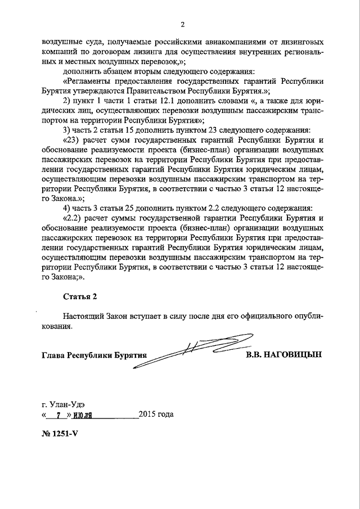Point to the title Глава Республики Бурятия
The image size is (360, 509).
pos(94,356)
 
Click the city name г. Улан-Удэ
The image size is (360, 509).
pos(64,404)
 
